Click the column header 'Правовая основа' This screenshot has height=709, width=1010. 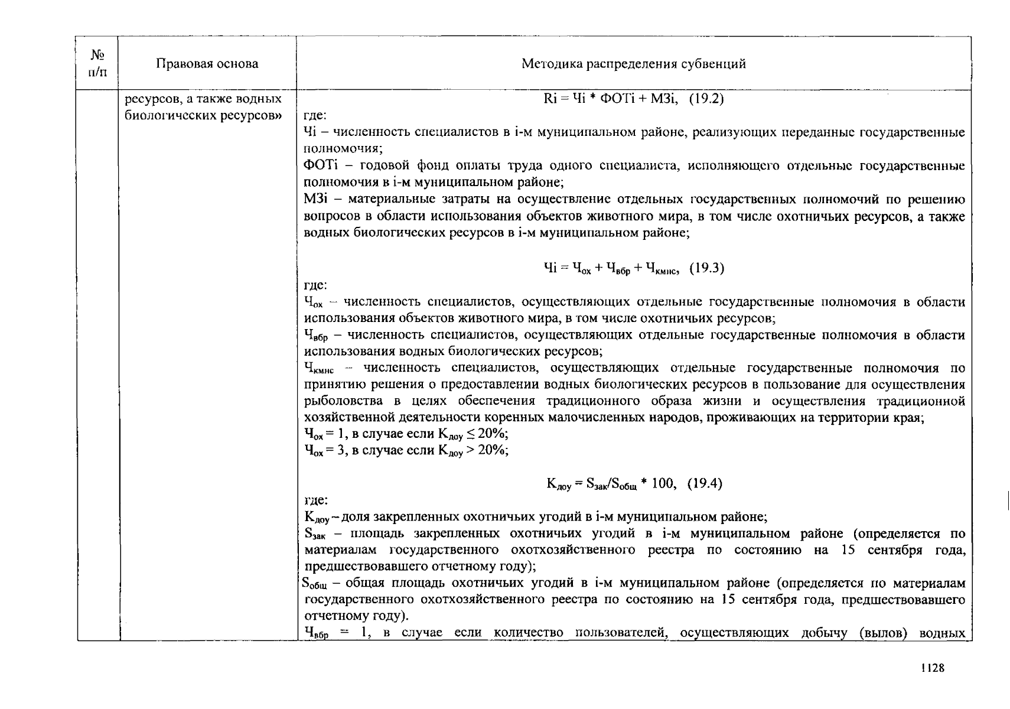207,64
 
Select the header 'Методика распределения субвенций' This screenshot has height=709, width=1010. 633,64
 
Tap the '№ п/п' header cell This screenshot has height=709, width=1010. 97,64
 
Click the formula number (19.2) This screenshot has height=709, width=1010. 706,99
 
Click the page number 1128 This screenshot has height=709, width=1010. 933,668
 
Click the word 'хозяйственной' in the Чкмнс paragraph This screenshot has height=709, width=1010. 343,418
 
